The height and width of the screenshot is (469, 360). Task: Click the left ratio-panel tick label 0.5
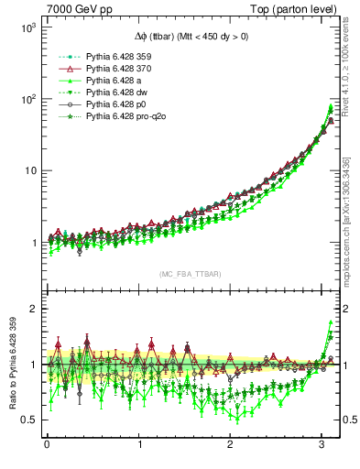(27, 420)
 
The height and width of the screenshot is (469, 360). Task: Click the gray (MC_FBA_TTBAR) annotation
(189, 274)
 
